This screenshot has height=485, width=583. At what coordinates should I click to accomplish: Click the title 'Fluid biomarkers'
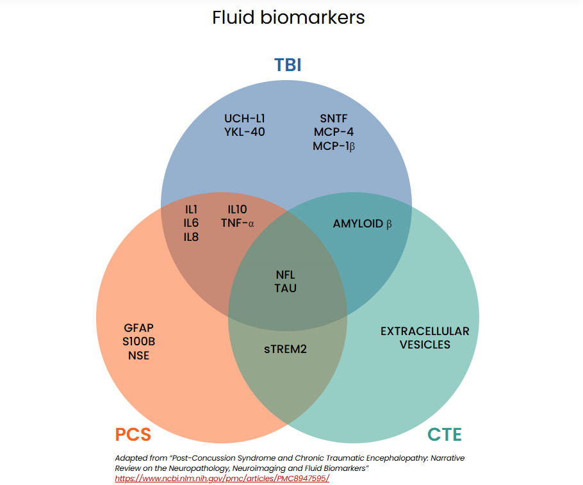288,17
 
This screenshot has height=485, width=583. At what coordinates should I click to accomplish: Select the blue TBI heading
288,65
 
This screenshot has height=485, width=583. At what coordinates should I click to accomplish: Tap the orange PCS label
133,435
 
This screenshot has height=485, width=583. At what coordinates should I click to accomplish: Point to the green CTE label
445,435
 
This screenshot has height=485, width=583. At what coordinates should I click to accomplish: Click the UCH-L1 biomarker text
244,119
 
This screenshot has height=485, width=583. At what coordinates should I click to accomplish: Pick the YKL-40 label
244,132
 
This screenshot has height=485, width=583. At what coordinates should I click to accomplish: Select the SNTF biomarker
333,119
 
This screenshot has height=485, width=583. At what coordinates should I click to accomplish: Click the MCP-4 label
333,132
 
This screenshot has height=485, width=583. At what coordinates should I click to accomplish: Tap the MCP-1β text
334,146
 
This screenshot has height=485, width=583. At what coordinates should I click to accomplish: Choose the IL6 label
191,223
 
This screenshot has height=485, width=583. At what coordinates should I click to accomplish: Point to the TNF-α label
238,223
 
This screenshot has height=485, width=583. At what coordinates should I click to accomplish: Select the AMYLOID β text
362,224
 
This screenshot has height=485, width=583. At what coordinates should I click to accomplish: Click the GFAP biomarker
138,327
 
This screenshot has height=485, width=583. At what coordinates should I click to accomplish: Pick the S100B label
138,341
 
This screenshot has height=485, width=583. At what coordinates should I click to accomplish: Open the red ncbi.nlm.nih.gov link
222,478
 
